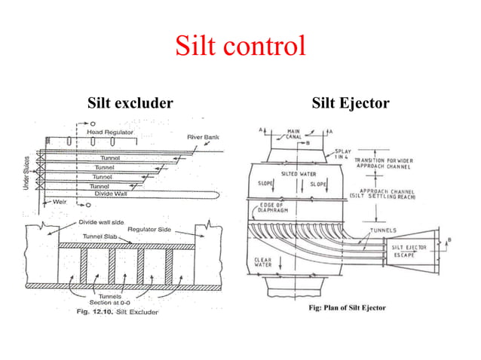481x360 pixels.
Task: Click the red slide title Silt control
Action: [x=240, y=46]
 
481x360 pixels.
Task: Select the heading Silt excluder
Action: [x=130, y=102]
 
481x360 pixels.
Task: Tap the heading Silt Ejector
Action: [x=350, y=102]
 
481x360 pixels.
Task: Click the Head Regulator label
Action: [x=110, y=132]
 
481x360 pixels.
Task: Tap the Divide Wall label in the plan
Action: [x=110, y=193]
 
